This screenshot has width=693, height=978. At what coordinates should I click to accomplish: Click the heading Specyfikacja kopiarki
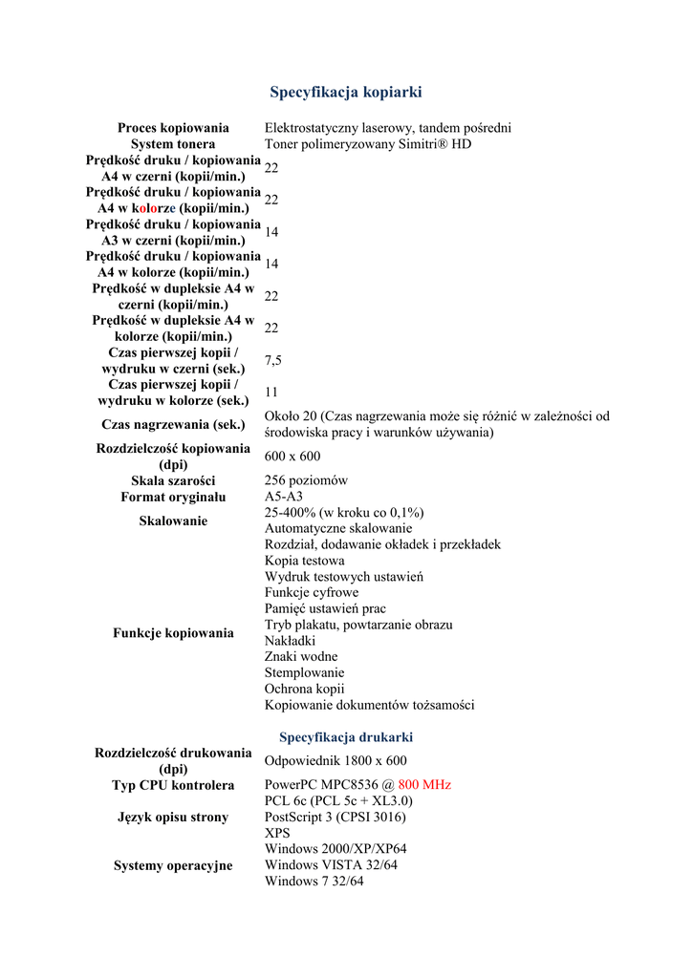[345, 93]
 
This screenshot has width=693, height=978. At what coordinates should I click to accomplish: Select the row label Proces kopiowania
[173, 128]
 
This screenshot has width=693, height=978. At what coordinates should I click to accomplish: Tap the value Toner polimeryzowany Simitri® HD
[368, 144]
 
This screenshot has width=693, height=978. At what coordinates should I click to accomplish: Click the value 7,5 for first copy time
[273, 360]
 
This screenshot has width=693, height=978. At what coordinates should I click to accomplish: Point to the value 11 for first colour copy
[271, 393]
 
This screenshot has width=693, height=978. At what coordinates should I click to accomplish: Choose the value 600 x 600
[292, 457]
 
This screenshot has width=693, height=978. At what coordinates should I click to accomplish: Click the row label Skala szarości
[173, 480]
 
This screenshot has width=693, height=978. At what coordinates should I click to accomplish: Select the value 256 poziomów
[306, 480]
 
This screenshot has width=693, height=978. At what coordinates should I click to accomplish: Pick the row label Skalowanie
[173, 521]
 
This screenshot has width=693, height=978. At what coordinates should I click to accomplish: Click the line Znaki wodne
[300, 657]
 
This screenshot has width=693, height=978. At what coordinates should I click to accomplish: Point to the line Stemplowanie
[304, 673]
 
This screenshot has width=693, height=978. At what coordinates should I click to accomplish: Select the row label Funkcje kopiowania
[173, 633]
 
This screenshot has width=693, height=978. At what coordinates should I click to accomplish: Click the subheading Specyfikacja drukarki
[345, 737]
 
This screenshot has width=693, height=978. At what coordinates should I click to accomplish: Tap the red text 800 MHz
[424, 785]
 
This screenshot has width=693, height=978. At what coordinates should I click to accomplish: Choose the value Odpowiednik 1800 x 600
[336, 761]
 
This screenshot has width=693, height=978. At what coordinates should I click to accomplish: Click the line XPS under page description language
[277, 834]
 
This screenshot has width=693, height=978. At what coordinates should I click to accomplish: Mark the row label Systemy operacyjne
[173, 866]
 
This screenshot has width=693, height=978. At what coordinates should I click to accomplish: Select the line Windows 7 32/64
[314, 882]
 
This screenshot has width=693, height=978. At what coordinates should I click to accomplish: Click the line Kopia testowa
[304, 561]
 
